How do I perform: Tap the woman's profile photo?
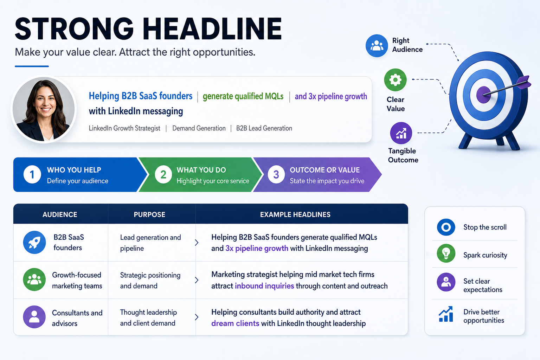44,109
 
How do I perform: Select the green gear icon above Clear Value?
396,80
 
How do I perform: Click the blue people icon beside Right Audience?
377,46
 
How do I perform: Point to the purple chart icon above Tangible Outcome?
401,133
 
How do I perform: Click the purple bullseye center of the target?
483,95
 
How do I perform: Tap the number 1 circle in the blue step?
32,175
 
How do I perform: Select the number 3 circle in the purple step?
276,175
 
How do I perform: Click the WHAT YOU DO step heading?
201,170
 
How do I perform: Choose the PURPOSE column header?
149,214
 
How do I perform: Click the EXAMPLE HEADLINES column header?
295,214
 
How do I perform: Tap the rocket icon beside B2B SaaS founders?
34,242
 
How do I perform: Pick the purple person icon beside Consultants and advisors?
34,317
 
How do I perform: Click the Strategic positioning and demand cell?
150,281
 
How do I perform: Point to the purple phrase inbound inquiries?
264,286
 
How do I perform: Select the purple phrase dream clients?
235,323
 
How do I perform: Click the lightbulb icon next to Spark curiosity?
446,253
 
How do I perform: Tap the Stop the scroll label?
485,227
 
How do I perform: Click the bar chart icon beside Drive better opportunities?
446,314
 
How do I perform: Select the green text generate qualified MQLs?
243,96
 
